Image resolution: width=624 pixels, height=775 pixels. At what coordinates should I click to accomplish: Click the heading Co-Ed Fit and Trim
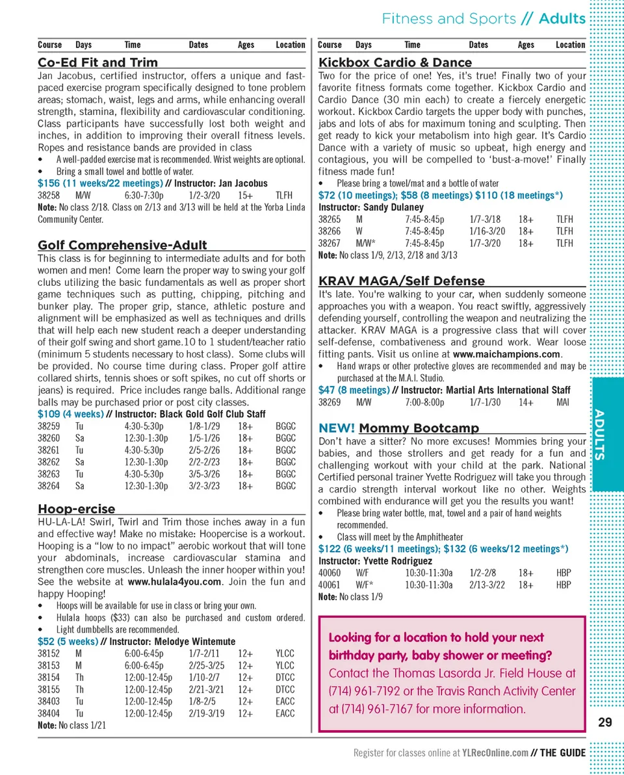click(x=97, y=62)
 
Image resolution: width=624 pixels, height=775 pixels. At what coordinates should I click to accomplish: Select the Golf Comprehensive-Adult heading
click(x=122, y=245)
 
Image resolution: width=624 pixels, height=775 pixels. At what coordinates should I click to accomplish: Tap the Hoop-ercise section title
click(x=76, y=509)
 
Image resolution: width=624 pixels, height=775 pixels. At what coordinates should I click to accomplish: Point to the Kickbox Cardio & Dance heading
click(x=395, y=62)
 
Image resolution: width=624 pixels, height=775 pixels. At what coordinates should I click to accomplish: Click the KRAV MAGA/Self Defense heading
click(x=401, y=281)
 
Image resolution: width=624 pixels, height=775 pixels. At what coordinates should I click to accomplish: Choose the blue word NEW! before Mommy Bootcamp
click(x=336, y=428)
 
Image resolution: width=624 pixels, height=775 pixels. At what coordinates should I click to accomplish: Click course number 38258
click(x=49, y=194)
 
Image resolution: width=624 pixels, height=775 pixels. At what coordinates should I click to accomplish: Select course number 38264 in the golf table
click(x=49, y=485)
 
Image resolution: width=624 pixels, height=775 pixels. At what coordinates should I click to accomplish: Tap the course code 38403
click(x=49, y=701)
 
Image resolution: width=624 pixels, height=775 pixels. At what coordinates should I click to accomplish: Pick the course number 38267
click(x=329, y=243)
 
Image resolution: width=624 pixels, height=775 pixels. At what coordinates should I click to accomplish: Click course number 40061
click(x=329, y=585)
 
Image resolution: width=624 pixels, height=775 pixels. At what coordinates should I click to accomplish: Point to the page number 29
click(x=604, y=722)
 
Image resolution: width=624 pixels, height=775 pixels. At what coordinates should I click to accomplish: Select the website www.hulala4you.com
click(x=175, y=581)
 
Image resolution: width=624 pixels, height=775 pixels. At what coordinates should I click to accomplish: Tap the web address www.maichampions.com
click(x=506, y=354)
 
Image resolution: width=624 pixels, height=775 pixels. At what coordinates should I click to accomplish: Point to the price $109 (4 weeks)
click(x=70, y=414)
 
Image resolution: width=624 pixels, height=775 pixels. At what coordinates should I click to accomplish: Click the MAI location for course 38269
click(x=563, y=402)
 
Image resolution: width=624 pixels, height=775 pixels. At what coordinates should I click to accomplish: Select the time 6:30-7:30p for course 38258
click(x=144, y=194)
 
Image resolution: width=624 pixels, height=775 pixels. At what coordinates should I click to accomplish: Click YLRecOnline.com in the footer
click(x=495, y=753)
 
